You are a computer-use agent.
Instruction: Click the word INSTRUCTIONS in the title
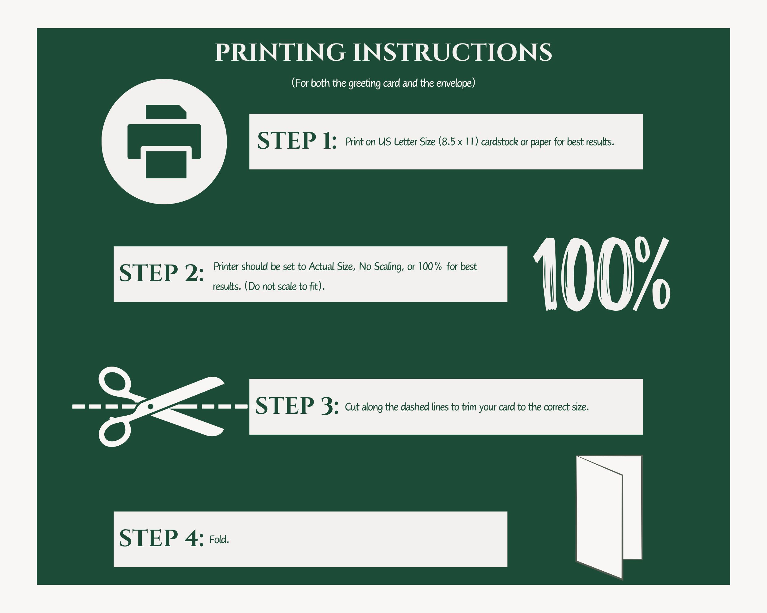point(453,53)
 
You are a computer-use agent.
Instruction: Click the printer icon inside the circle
point(164,141)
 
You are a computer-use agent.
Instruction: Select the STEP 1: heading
point(297,140)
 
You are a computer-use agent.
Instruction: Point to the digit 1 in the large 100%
point(547,274)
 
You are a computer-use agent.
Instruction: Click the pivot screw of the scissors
point(150,406)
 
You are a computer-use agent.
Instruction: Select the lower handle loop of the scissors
point(114,432)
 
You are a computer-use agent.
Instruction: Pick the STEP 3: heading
point(297,405)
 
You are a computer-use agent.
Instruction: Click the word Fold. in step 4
point(219,540)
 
